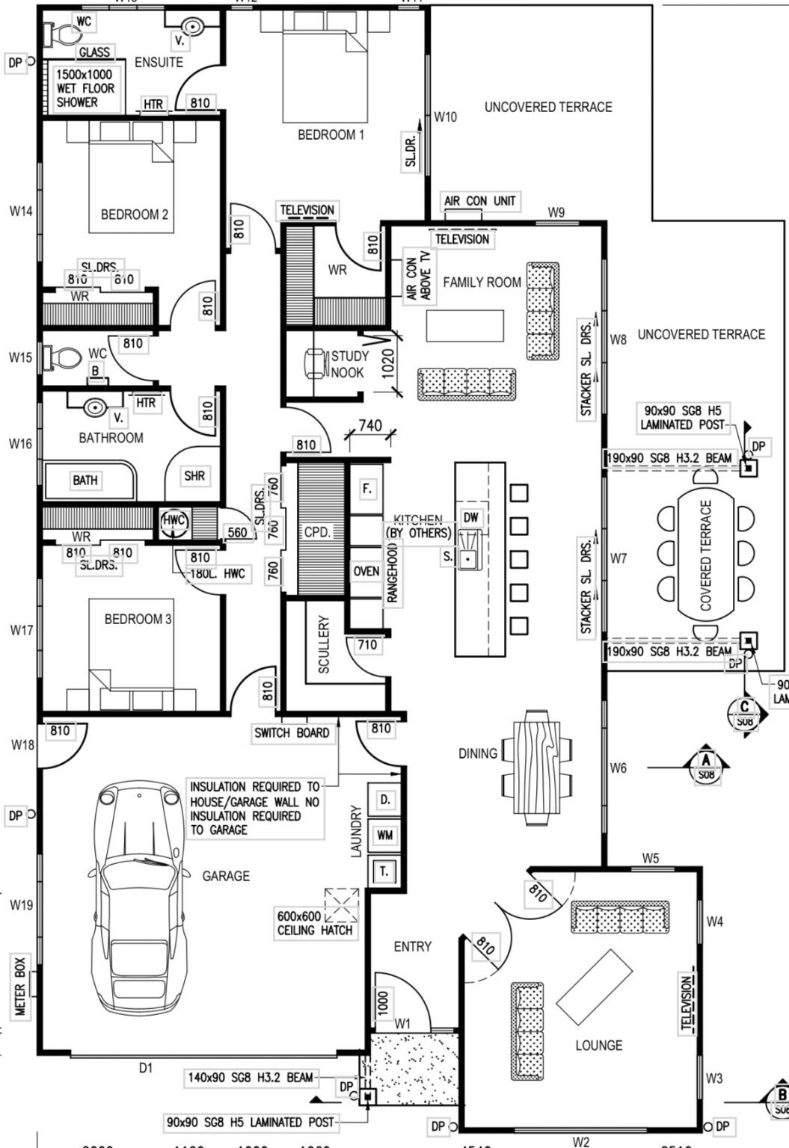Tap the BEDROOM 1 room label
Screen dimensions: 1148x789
[331, 135]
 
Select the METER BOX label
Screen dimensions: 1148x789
[20, 987]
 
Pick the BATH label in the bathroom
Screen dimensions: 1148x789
[85, 480]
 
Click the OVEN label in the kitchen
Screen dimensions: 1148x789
[366, 572]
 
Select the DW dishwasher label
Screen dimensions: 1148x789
[470, 517]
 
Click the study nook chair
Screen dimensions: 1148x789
[317, 362]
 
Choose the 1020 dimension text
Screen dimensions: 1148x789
[387, 363]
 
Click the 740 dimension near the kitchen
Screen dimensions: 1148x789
[370, 425]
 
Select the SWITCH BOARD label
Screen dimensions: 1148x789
[292, 733]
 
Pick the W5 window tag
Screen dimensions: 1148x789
[651, 859]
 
